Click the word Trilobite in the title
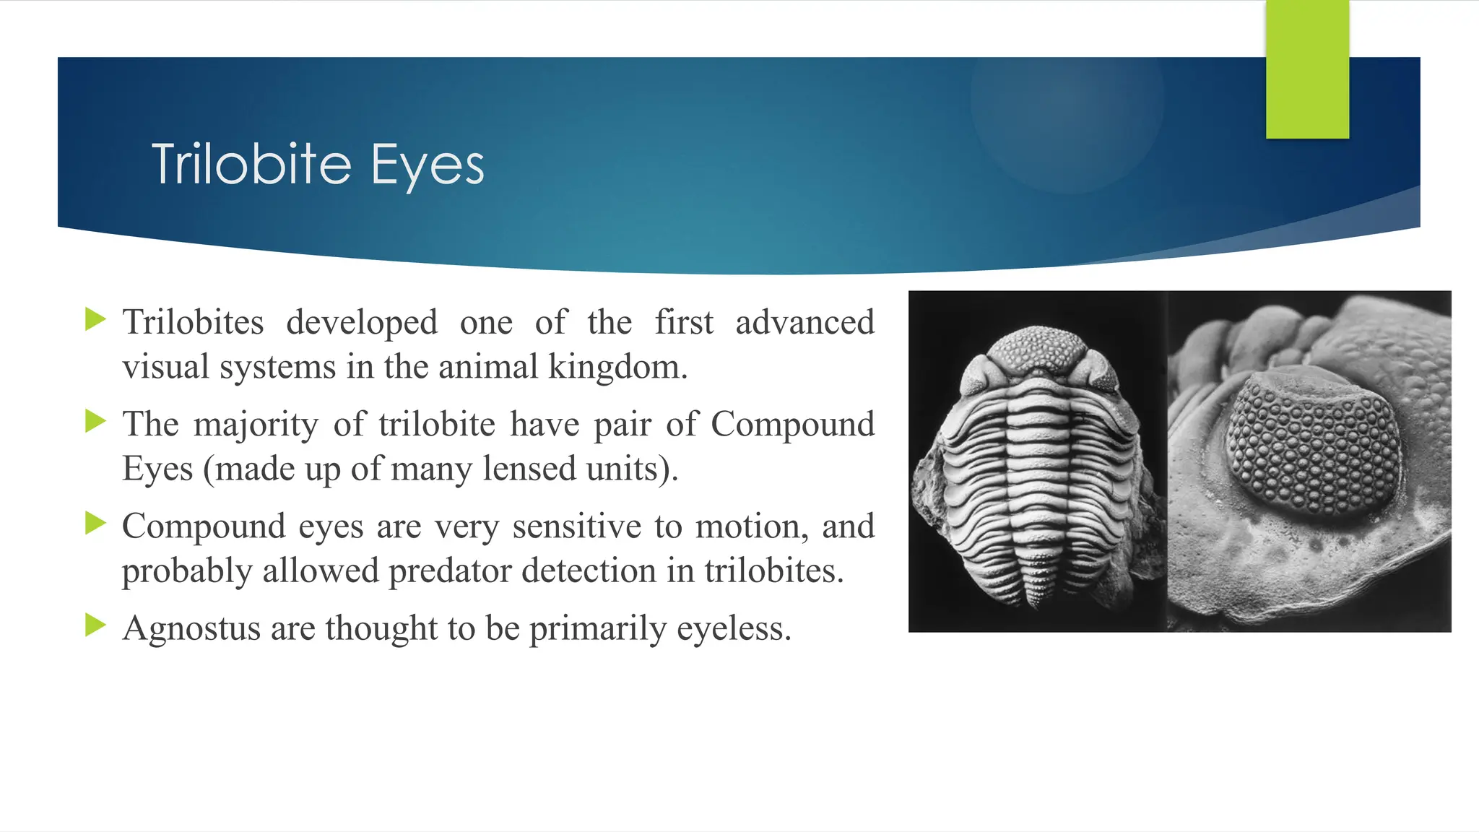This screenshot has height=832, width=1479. tap(251, 165)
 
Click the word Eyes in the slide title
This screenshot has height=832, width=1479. tap(427, 166)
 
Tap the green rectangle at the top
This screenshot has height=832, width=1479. tap(1307, 69)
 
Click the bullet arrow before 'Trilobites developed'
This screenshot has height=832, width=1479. tap(95, 318)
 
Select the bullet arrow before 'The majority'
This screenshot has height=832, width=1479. tap(95, 421)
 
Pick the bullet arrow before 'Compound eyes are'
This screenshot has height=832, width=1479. tap(95, 523)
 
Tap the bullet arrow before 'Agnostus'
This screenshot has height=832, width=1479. tap(95, 625)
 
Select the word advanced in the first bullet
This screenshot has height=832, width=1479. tap(804, 322)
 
